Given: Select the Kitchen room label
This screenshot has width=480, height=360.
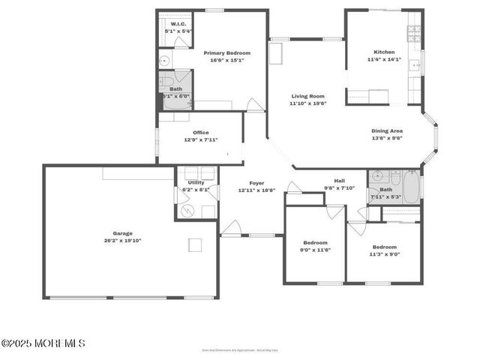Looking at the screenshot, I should pyautogui.click(x=384, y=52).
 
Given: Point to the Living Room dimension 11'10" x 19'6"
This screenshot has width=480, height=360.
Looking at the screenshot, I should pyautogui.click(x=309, y=103).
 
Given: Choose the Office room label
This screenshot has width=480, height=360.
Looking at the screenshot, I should pyautogui.click(x=200, y=133).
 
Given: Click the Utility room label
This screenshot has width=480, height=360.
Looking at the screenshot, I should pyautogui.click(x=196, y=182).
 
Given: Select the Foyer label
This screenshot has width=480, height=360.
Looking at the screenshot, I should pyautogui.click(x=256, y=183).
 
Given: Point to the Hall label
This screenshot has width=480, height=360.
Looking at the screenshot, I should pyautogui.click(x=339, y=181).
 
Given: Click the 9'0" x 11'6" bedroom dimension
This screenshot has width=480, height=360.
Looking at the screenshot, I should pyautogui.click(x=315, y=250).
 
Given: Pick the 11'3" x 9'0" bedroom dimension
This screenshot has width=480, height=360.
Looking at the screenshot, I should pyautogui.click(x=384, y=253).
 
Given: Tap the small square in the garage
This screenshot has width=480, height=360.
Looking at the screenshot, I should pyautogui.click(x=195, y=244).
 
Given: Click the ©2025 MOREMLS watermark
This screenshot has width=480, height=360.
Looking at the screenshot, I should pyautogui.click(x=43, y=343).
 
